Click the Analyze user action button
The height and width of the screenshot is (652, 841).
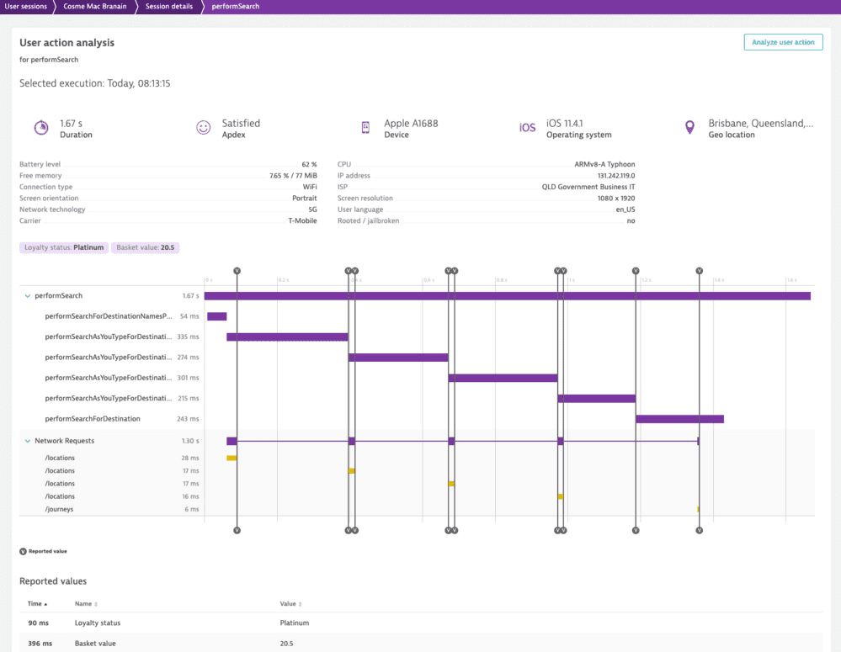tap(783, 42)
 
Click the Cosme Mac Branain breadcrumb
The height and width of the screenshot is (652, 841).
tap(94, 7)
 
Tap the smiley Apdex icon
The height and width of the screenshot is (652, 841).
tap(203, 128)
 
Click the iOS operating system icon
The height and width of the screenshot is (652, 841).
tap(527, 128)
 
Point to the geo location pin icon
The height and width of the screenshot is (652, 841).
tap(690, 128)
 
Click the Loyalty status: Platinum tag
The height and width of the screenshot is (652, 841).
tap(64, 247)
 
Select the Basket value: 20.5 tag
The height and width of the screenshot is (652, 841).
tap(145, 247)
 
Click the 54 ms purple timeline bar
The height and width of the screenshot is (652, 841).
tap(216, 316)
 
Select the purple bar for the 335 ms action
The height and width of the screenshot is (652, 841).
tap(287, 337)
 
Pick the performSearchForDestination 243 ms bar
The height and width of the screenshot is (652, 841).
tap(679, 419)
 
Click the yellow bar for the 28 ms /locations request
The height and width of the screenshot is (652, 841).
tap(232, 459)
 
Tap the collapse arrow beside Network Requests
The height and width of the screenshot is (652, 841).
tap(28, 441)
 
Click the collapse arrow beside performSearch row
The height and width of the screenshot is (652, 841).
tap(28, 296)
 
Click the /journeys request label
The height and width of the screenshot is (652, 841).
tap(59, 509)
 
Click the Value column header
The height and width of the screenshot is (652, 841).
tap(289, 604)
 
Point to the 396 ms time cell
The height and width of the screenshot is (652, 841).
tap(40, 644)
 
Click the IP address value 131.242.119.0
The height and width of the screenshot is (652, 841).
tap(616, 176)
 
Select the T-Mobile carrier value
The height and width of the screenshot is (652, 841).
tap(302, 220)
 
